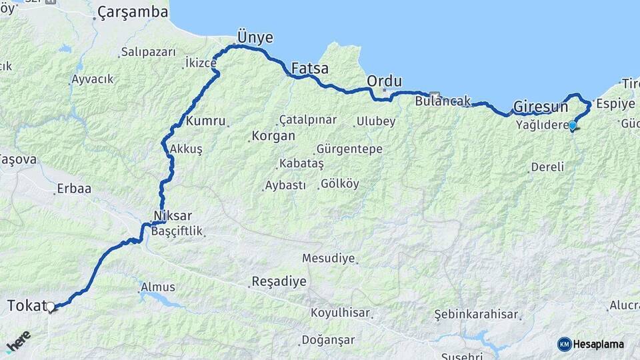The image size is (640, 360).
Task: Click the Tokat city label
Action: (25, 306)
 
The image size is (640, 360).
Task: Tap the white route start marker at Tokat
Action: (50, 307)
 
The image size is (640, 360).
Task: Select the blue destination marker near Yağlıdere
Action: (572, 125)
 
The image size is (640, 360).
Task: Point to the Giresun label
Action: (541, 107)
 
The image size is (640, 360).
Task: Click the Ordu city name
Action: (385, 81)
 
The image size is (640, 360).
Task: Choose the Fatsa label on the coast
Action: (310, 68)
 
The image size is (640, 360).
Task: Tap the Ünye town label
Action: (255, 37)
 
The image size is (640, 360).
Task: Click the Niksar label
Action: (173, 216)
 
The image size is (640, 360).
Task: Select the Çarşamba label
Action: (132, 13)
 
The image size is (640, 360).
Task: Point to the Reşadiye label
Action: (279, 281)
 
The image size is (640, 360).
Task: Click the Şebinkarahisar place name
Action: (476, 314)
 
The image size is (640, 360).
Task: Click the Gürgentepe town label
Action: (349, 149)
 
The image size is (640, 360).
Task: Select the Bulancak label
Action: (442, 102)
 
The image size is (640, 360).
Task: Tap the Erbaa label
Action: (73, 189)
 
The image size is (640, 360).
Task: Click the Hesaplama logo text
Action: (599, 344)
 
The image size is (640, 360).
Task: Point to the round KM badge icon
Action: (564, 344)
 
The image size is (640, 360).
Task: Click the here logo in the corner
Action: (19, 341)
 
